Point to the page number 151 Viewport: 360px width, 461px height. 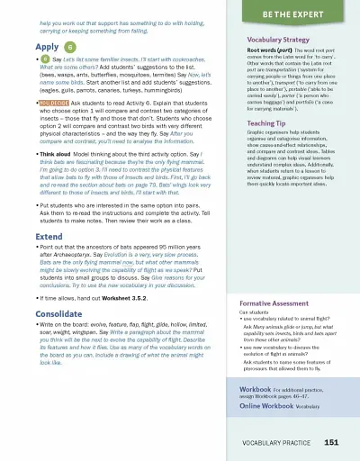(331, 442)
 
